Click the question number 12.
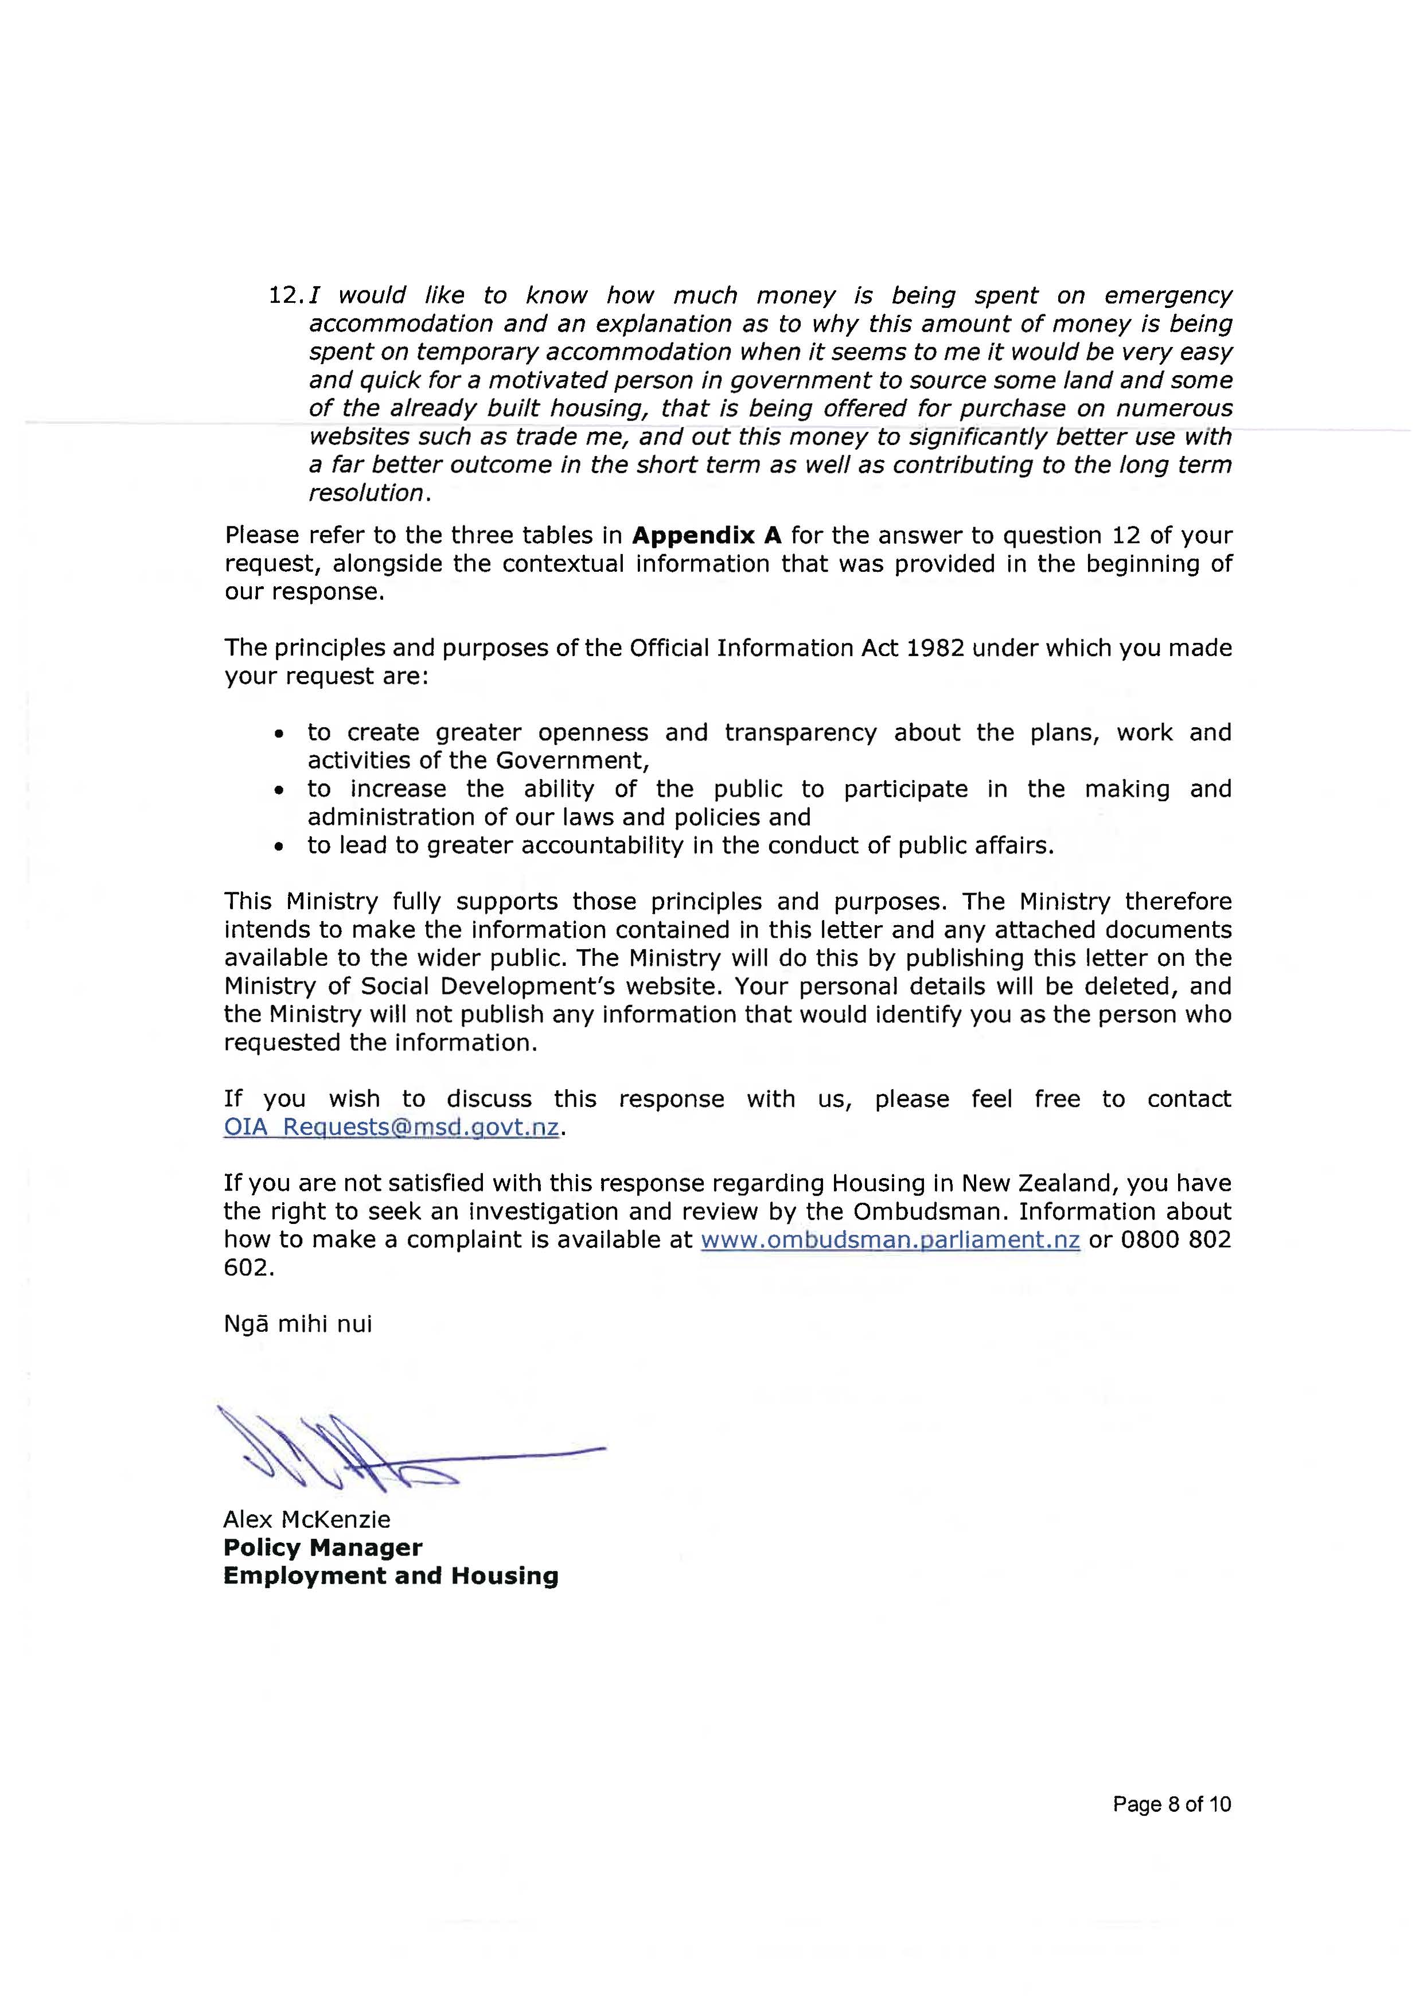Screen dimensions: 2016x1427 [x=286, y=296]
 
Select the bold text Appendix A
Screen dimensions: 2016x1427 [x=707, y=536]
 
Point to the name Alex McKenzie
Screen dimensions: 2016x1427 [x=307, y=1520]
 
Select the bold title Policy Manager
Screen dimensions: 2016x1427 [x=322, y=1548]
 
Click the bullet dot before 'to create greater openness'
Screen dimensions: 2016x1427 [x=279, y=734]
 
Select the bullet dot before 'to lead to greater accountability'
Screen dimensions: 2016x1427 [x=279, y=847]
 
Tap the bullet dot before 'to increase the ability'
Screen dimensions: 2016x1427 [x=279, y=790]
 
